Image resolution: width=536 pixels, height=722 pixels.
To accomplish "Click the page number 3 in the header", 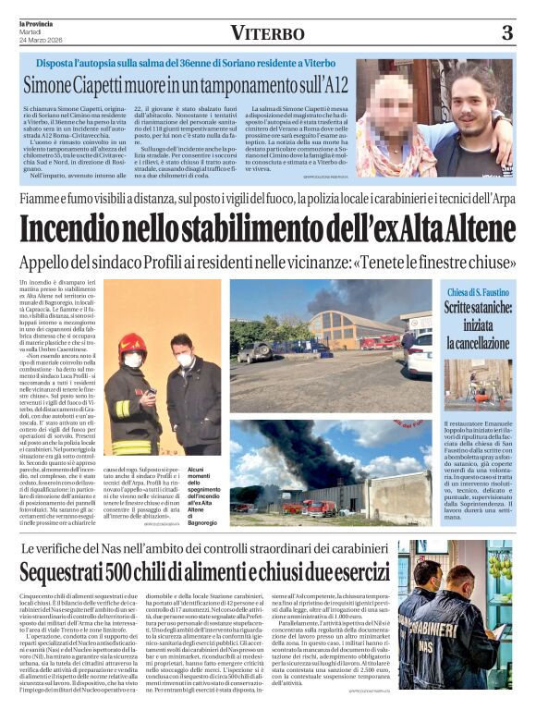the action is point(506,33).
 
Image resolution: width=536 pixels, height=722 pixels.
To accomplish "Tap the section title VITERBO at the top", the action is point(268,33).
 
